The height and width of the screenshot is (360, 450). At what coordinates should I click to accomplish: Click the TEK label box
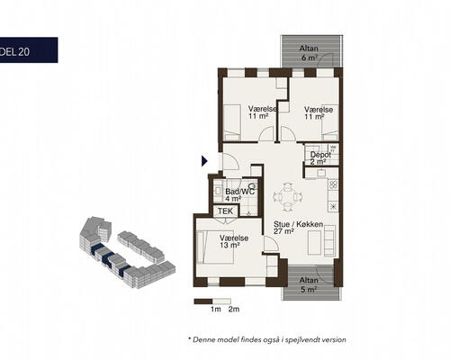pos(225,211)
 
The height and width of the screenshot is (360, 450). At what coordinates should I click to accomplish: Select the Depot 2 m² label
pos(320,158)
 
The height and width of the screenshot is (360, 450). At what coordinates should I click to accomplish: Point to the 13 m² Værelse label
pos(234,241)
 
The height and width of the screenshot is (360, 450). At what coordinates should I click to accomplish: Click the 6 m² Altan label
pos(309,52)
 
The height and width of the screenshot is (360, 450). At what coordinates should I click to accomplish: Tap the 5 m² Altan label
pos(309,284)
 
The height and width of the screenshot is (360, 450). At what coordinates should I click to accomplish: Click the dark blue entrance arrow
pos(204,161)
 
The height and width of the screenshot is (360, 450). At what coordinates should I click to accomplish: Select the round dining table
pos(288,197)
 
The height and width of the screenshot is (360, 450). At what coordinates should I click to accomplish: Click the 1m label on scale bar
pos(215,309)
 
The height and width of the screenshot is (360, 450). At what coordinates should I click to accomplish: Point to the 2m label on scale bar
pos(234,309)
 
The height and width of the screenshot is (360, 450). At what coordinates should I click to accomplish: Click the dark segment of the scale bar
pos(203,301)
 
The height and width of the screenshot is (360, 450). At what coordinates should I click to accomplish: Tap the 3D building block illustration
pos(127,253)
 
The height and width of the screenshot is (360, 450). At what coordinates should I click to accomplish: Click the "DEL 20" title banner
pos(29,50)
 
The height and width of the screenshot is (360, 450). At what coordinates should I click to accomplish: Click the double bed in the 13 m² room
pos(215,247)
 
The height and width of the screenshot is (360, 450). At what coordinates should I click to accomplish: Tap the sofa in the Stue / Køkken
pos(329,240)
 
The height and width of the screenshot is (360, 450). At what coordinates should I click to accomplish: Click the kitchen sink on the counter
pos(321,173)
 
